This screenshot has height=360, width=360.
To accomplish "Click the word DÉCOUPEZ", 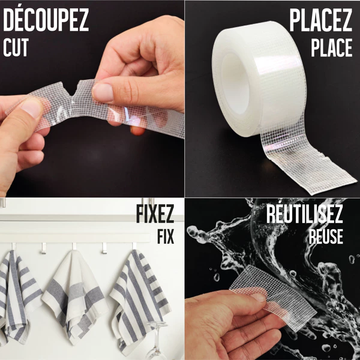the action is click(x=46, y=20).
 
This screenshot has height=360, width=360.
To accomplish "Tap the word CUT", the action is click(x=16, y=47).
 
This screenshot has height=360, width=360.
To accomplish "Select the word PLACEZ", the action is click(x=320, y=20).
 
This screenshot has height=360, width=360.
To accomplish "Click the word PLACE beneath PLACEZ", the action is click(x=332, y=47).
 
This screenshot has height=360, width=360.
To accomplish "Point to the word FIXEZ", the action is click(x=155, y=214).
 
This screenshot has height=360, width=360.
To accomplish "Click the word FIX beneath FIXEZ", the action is click(x=166, y=236).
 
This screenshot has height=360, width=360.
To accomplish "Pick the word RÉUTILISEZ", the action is click(x=304, y=214).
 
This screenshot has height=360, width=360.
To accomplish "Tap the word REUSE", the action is click(x=326, y=236).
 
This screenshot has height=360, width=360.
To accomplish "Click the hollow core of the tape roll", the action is click(x=235, y=84).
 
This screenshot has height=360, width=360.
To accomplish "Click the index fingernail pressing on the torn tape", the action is click(x=103, y=92).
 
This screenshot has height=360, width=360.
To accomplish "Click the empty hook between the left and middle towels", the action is click(x=44, y=248).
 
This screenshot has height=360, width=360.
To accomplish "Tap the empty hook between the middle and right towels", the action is click(x=104, y=248).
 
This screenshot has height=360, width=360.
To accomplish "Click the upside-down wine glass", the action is click(x=157, y=340).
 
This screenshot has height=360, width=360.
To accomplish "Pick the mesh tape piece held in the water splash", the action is click(x=273, y=298).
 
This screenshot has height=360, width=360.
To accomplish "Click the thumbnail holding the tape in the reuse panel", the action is click(x=259, y=298).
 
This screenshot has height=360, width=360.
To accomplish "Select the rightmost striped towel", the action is click(x=140, y=301).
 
